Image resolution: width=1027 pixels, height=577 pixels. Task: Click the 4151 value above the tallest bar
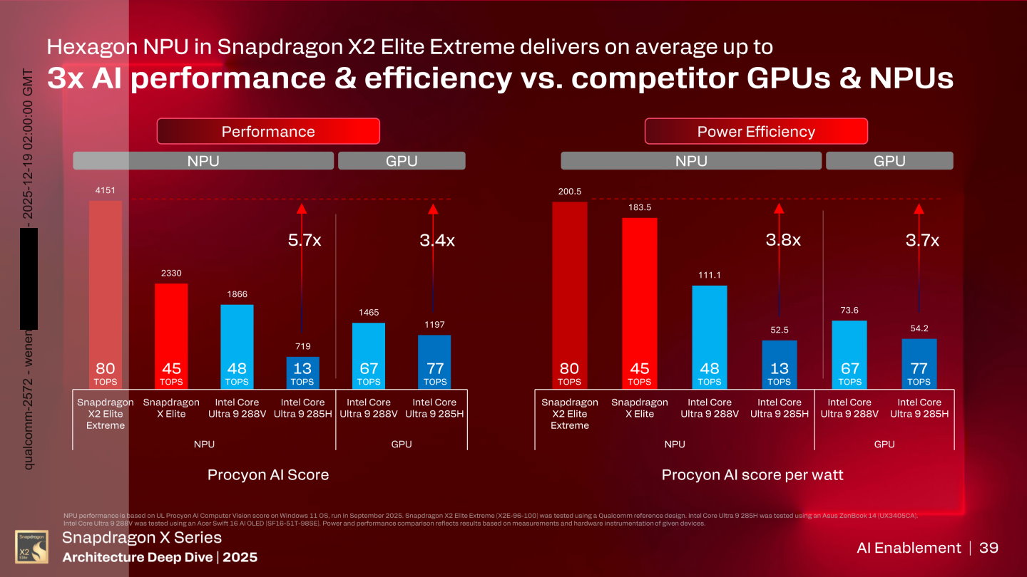(x=106, y=190)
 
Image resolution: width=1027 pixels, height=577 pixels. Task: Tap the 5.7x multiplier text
(x=304, y=241)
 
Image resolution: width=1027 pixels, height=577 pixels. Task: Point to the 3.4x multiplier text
(x=436, y=241)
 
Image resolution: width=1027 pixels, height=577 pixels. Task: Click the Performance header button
(x=268, y=131)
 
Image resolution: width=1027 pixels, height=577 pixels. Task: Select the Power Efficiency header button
(x=756, y=131)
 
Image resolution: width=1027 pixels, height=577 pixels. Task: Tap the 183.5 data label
(x=639, y=207)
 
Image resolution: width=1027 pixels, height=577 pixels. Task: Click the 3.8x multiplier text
(x=783, y=241)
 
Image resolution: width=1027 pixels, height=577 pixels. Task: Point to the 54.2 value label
(x=919, y=328)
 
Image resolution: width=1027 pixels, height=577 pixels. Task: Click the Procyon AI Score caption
(x=268, y=474)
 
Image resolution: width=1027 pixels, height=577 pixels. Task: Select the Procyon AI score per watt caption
(x=752, y=474)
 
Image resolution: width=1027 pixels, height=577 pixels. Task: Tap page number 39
(x=988, y=548)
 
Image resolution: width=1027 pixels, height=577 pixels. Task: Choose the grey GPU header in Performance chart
(x=401, y=161)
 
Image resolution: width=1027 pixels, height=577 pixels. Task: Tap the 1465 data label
(x=368, y=312)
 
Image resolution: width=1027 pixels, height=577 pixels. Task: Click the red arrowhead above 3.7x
(x=919, y=209)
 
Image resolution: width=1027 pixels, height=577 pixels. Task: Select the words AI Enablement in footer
(x=909, y=548)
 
